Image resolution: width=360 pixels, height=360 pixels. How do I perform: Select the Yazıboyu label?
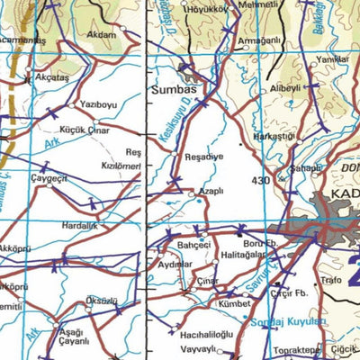click(x=99, y=105)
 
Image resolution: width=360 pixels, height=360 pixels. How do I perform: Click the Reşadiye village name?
click(x=202, y=156)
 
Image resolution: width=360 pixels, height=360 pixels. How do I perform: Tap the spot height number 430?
click(x=262, y=181)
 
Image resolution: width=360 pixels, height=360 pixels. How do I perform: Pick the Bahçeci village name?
click(x=193, y=244)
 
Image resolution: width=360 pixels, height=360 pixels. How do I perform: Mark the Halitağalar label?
click(x=244, y=255)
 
